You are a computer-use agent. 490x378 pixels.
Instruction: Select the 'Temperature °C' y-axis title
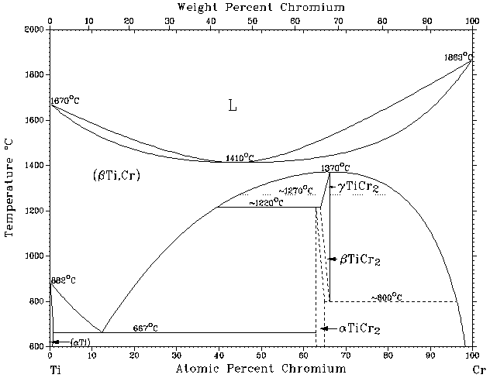pyautogui.click(x=10, y=187)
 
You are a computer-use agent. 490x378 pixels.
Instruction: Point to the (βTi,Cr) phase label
pyautogui.click(x=116, y=176)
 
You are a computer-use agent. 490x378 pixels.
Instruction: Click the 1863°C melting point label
pyautogui.click(x=457, y=57)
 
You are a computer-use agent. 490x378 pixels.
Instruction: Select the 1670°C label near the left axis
pyautogui.click(x=65, y=101)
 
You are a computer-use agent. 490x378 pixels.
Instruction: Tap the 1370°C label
pyautogui.click(x=336, y=168)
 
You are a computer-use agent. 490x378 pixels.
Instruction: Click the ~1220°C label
pyautogui.click(x=266, y=203)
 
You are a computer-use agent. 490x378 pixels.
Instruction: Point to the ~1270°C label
pyautogui.click(x=296, y=191)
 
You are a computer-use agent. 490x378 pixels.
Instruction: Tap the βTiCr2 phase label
pyautogui.click(x=361, y=260)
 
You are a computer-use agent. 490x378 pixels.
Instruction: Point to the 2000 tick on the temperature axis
pyautogui.click(x=33, y=29)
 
